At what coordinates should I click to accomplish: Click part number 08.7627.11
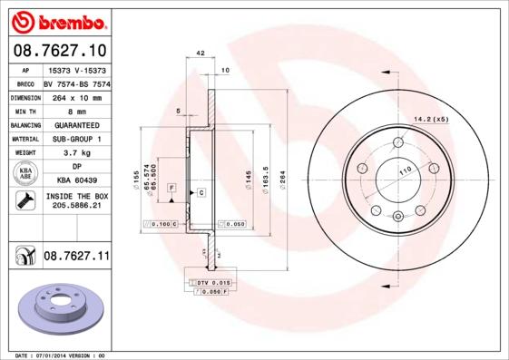coord(76,257)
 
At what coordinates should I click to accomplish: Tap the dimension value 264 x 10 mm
coord(75,96)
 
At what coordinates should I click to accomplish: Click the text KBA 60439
coord(75,181)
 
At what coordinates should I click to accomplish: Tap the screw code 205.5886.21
coord(75,207)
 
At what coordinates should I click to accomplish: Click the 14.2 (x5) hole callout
coord(433,120)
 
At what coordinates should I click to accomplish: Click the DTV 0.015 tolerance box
coord(214,284)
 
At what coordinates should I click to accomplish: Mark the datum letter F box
coord(171,186)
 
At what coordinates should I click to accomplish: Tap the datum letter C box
coord(201,193)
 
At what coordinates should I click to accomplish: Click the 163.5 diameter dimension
coord(264,174)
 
